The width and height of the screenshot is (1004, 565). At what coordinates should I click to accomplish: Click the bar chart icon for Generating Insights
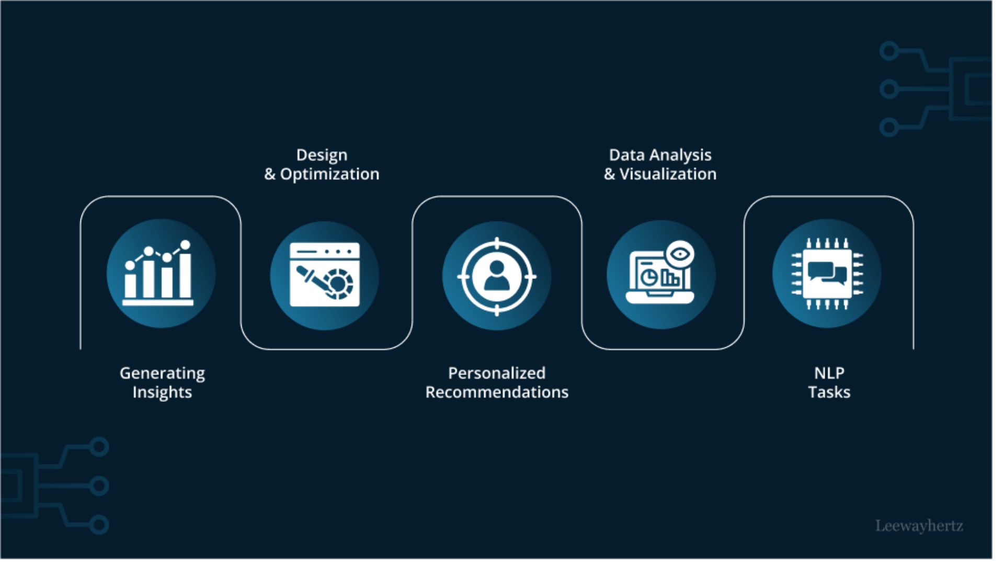click(x=158, y=273)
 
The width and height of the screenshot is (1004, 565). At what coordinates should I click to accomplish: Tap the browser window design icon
click(x=325, y=275)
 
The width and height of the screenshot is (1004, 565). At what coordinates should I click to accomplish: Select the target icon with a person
click(x=497, y=276)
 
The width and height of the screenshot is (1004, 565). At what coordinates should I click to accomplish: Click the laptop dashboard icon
click(x=660, y=273)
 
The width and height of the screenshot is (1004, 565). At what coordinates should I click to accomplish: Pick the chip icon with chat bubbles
click(x=827, y=274)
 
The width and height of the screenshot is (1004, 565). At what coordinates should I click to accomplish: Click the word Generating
click(x=162, y=374)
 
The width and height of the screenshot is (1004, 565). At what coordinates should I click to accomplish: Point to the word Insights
click(x=162, y=392)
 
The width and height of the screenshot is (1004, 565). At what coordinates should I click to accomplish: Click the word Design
click(x=322, y=155)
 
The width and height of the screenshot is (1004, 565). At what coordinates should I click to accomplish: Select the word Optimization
click(x=329, y=174)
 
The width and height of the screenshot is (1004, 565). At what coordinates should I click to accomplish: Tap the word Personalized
click(x=497, y=373)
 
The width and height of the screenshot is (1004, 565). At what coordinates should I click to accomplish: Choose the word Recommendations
click(x=497, y=392)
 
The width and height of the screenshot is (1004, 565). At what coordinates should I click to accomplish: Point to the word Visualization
click(x=668, y=174)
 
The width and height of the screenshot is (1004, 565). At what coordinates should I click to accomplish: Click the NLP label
click(x=829, y=373)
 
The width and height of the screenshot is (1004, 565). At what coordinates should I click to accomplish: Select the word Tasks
click(x=829, y=392)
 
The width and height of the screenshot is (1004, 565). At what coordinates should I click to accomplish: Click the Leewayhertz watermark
click(x=919, y=526)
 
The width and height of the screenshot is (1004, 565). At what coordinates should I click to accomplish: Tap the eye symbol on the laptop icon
click(x=680, y=254)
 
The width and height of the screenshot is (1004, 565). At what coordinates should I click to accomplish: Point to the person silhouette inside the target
click(x=497, y=275)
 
